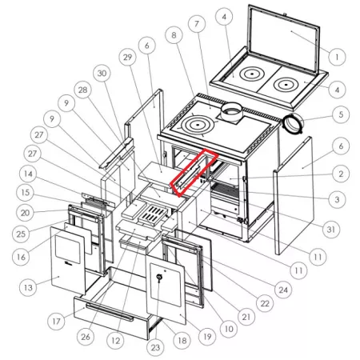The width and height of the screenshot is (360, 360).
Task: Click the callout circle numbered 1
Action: coord(337,57)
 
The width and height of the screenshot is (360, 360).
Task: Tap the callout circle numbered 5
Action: coord(341,114)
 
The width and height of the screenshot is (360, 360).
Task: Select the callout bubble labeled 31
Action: coord(331,229)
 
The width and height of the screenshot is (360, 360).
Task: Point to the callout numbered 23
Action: coord(155,347)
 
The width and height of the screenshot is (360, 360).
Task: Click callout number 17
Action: coord(56,321)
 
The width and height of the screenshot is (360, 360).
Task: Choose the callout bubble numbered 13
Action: coord(28,287)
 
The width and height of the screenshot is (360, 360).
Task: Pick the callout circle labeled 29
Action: coord(128,57)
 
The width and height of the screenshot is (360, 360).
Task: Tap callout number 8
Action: coord(174,35)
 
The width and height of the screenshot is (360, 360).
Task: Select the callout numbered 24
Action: coord(283,290)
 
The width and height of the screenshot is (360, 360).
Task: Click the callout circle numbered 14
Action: coord(28,174)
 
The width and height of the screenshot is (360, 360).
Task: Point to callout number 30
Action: coord(102,73)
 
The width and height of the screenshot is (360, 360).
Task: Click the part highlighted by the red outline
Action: coord(194,173)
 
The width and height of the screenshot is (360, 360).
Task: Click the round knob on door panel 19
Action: coord(159,278)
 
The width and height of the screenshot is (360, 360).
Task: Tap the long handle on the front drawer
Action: coord(110,311)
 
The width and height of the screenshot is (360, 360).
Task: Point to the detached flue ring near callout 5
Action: coord(293,123)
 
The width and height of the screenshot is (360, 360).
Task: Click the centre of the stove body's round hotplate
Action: coord(198,125)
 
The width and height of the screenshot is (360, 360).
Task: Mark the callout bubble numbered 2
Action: coord(341,174)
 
